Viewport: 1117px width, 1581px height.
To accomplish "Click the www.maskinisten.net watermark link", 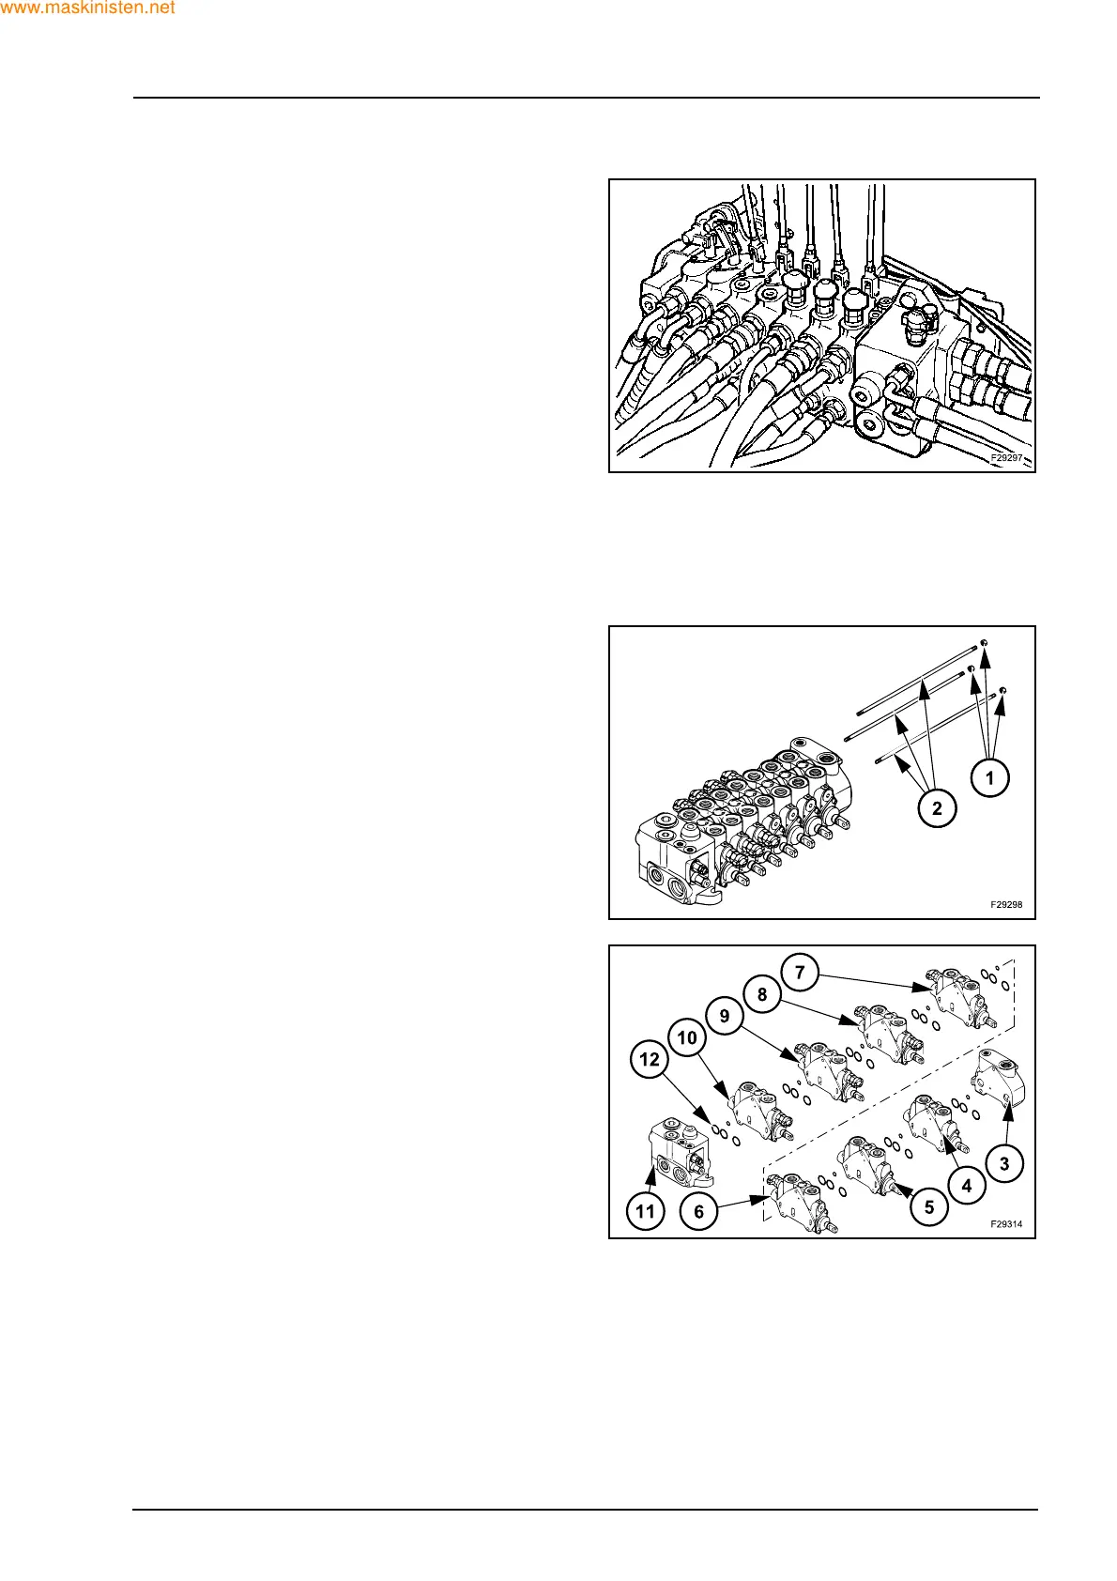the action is tap(88, 8).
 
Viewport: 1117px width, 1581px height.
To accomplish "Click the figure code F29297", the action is tap(1005, 458).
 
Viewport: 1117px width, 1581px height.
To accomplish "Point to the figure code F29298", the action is tap(1005, 905).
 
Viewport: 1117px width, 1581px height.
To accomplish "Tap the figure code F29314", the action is tap(1005, 1224).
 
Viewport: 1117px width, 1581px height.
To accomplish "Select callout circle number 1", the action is tap(989, 777).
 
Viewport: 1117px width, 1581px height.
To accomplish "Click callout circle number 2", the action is tap(937, 807).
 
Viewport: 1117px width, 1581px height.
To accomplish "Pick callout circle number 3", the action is tap(1004, 1164).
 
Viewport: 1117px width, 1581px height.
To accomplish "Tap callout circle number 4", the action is tap(967, 1186).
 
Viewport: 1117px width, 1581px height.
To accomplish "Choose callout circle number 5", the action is tap(929, 1206).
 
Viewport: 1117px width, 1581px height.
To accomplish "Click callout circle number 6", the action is tap(698, 1212).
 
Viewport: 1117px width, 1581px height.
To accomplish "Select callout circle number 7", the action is tap(800, 972).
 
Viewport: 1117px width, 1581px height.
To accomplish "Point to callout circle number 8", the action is tap(762, 994).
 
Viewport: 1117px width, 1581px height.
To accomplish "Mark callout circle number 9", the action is tap(725, 1016).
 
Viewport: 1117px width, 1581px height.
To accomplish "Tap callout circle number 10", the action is tap(687, 1037).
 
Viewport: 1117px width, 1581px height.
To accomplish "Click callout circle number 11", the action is tap(645, 1212).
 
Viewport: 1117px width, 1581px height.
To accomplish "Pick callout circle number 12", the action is tap(650, 1060).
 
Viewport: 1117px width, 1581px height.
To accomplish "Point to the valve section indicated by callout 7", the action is tap(956, 997).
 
